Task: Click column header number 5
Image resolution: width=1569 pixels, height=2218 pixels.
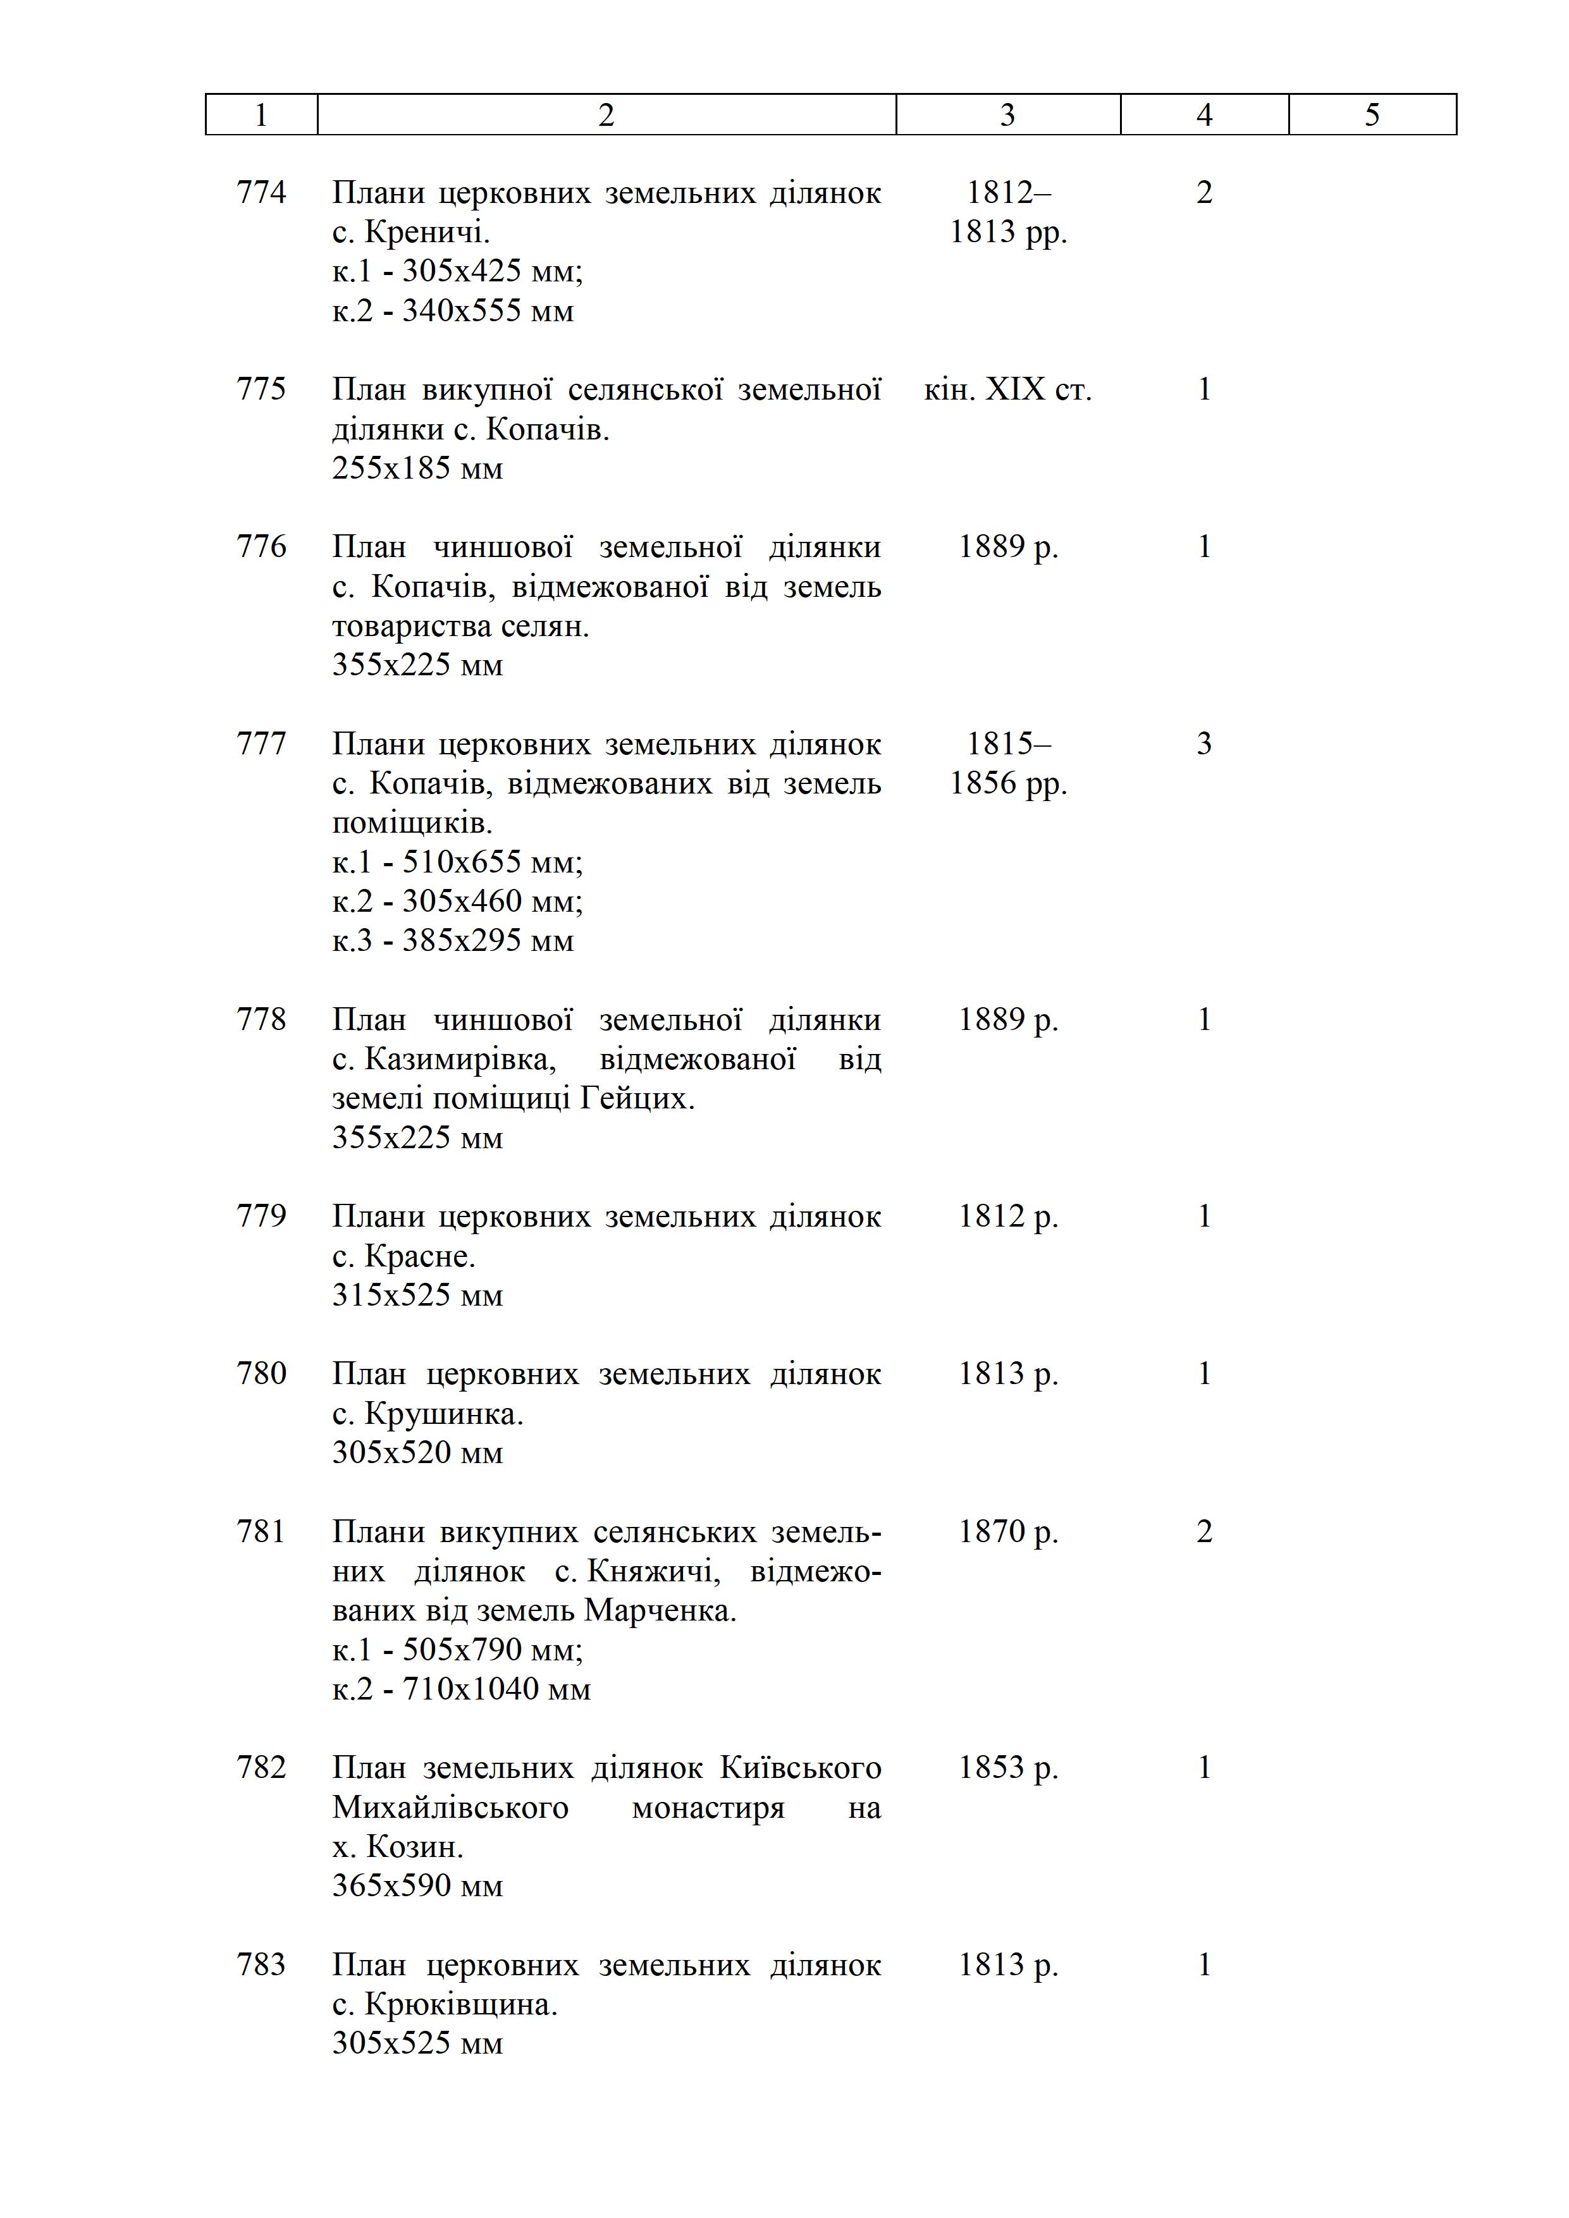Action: pos(1372,115)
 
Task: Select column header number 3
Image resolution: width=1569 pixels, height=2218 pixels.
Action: pos(1007,115)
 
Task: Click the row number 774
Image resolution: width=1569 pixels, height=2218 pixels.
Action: pos(262,192)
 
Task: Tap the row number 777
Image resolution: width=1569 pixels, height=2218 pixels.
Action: pos(262,744)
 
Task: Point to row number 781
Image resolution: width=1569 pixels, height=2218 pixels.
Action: pos(262,1532)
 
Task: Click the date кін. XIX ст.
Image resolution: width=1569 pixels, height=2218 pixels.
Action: pos(1007,389)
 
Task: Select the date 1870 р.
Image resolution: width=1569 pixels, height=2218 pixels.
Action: pos(1007,1532)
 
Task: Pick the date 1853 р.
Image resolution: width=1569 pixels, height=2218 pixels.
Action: pos(1007,1768)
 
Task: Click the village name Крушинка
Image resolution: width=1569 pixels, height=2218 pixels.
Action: pos(443,1414)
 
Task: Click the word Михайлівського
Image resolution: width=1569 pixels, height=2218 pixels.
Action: pos(450,1808)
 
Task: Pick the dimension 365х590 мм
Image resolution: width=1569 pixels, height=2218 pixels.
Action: pos(417,1885)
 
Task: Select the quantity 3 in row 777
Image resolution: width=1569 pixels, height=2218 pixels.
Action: pos(1204,744)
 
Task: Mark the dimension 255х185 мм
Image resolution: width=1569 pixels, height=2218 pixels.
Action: pos(417,469)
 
